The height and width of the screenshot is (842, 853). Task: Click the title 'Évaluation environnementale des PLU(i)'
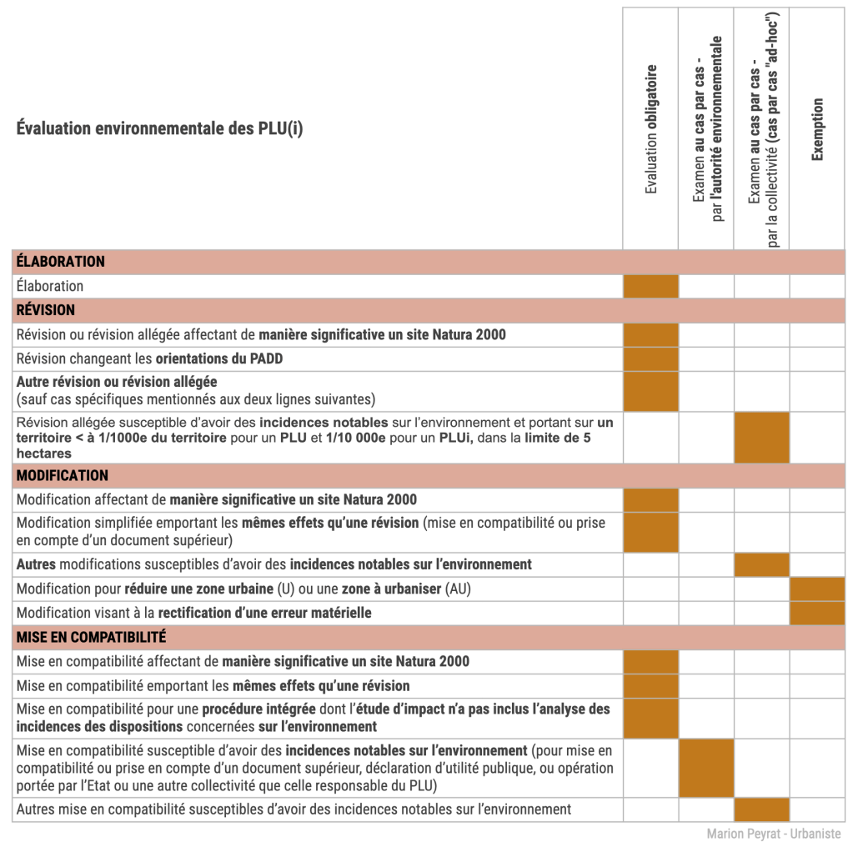159,129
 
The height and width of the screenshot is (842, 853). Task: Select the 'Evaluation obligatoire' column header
651,129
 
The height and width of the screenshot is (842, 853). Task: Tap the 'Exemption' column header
817,129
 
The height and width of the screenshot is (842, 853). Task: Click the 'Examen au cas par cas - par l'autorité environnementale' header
707,129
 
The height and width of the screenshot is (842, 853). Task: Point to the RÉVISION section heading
46,310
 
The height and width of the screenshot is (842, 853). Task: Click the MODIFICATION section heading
63,475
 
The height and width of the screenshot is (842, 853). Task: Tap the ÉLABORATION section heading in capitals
61,262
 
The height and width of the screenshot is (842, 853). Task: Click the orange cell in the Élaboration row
650,286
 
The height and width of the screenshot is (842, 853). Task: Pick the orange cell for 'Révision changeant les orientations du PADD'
650,359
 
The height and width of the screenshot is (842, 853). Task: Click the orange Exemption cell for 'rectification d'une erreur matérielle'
817,613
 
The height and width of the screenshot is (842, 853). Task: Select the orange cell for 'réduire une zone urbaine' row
817,589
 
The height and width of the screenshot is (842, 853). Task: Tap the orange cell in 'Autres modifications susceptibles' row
761,564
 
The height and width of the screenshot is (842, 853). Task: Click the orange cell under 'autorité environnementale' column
706,768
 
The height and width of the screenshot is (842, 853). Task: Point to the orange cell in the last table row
761,809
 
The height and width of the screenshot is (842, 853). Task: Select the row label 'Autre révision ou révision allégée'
117,382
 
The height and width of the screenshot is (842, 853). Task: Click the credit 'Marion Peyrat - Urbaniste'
773,834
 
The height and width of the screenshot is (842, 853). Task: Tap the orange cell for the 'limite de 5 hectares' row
761,438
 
